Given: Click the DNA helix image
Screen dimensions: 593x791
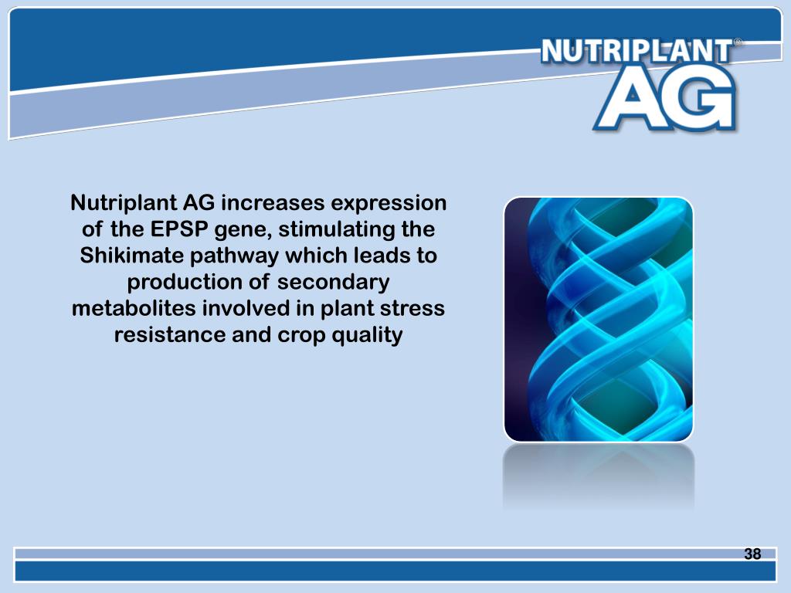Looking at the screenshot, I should [x=598, y=319].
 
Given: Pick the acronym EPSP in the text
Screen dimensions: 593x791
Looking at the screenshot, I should [x=181, y=230].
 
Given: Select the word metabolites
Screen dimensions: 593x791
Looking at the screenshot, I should [x=134, y=309].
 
